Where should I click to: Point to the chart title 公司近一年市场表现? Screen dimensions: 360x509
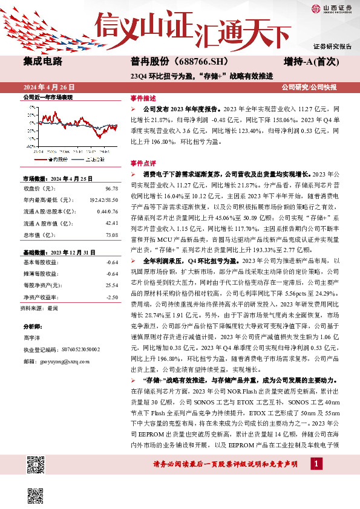point(48,97)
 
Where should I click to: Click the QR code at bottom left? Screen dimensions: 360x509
point(37,466)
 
